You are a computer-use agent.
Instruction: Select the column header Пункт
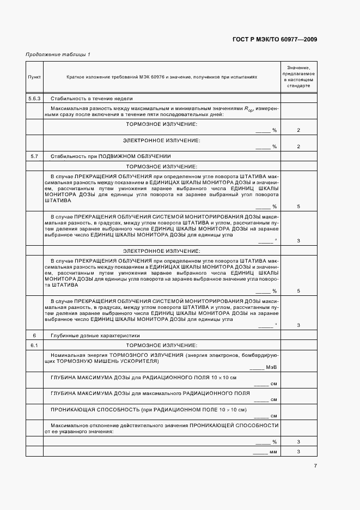[x=34, y=77]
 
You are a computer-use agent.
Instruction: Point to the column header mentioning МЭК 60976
[x=162, y=77]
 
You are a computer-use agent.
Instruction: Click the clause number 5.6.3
[x=34, y=99]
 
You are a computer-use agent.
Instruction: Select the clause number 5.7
[x=34, y=156]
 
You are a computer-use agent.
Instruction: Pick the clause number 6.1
[x=34, y=346]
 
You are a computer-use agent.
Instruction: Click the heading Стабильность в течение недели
[x=91, y=99]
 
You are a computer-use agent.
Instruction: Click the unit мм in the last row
[x=273, y=452]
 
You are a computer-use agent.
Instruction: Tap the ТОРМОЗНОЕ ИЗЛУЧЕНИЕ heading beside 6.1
[x=161, y=346]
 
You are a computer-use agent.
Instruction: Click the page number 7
[x=315, y=465]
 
